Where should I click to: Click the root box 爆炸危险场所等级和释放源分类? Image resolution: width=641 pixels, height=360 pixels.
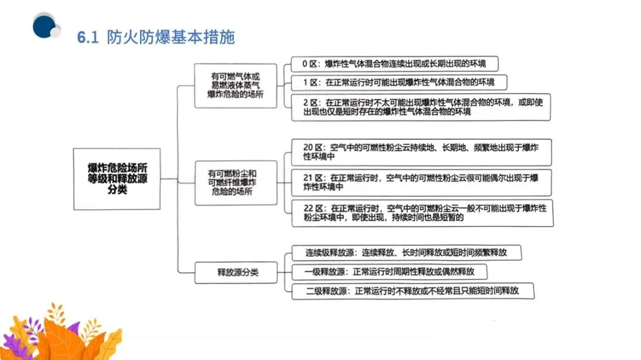tap(116, 179)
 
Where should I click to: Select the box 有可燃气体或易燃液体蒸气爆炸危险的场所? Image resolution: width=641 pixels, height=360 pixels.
tap(236, 86)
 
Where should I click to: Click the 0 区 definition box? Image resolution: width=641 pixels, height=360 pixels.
tap(394, 63)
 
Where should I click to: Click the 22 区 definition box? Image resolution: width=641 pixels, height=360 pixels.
tap(421, 213)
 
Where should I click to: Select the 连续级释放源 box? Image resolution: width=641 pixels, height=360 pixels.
tap(406, 252)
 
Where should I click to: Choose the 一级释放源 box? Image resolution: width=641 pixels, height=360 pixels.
tap(389, 272)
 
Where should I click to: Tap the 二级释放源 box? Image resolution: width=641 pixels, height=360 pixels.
tap(412, 291)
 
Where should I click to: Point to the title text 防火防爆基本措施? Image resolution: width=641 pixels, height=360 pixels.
tap(171, 37)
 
